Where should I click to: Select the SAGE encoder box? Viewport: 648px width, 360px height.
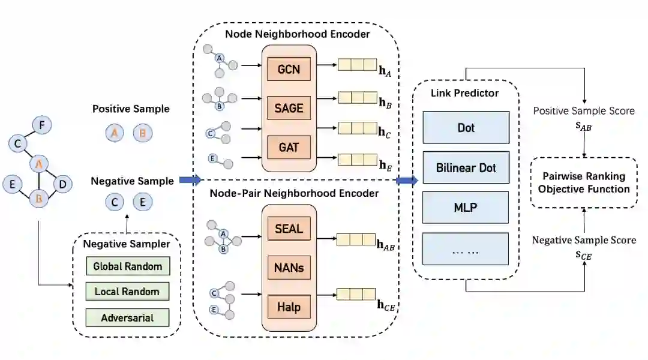coord(290,109)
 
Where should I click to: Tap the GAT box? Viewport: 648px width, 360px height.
coord(290,147)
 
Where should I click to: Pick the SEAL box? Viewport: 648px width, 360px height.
coord(290,229)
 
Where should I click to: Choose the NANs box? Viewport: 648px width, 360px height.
coord(290,267)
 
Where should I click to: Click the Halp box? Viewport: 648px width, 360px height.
coord(290,307)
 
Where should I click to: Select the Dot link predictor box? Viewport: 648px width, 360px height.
coord(466,127)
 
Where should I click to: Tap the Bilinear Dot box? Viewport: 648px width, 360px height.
coord(466,167)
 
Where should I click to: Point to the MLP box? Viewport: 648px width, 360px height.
coord(466,208)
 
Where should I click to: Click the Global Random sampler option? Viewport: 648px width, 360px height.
coord(127,266)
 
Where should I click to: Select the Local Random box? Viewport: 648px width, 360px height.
coord(127,292)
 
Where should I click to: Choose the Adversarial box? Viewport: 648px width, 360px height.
coord(127,317)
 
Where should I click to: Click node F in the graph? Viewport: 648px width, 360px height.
coord(41,125)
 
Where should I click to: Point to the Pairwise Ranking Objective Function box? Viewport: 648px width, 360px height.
coord(584,183)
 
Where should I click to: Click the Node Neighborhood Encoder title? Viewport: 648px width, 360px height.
coord(298,33)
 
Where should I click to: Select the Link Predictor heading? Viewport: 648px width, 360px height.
coord(464,93)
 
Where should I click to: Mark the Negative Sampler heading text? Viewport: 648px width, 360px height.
coord(126,244)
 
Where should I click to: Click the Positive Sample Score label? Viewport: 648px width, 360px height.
coord(584,111)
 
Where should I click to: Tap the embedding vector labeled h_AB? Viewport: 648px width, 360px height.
coord(355,240)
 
